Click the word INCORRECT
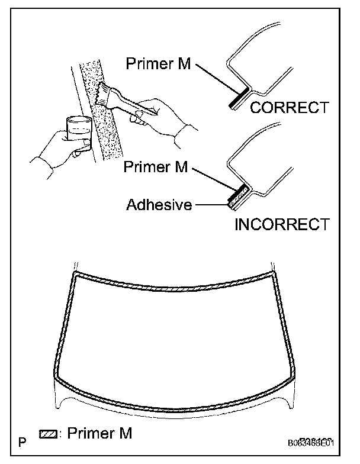(282, 224)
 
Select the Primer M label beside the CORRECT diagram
(159, 64)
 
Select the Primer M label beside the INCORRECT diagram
(156, 167)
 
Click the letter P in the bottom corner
(22, 442)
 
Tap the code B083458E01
(312, 443)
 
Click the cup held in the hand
(79, 130)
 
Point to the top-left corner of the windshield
(75, 276)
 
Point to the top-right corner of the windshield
(274, 276)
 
